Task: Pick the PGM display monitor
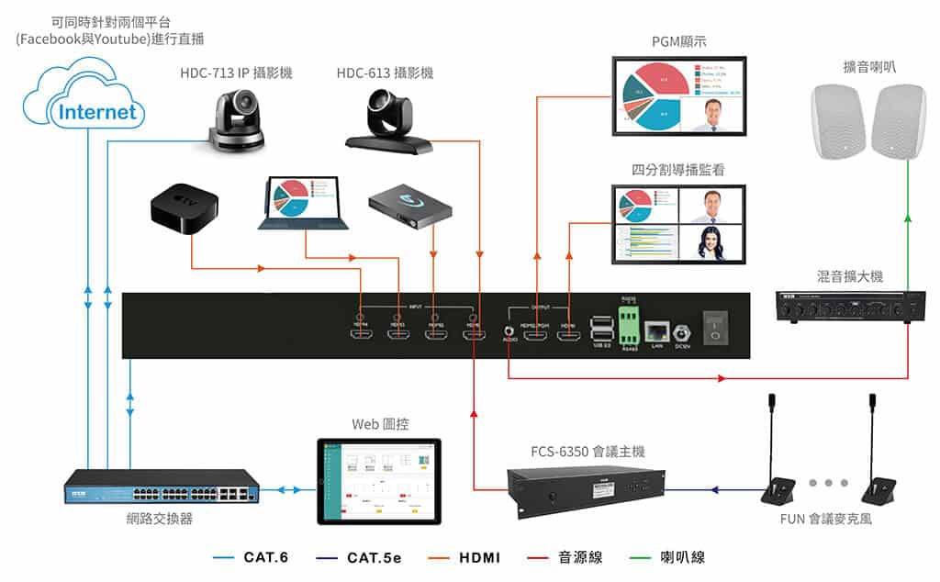pos(678,96)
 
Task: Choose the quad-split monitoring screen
pos(678,225)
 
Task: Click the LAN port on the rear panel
pos(657,331)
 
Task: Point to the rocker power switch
pos(714,327)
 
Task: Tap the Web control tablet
pos(378,482)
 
